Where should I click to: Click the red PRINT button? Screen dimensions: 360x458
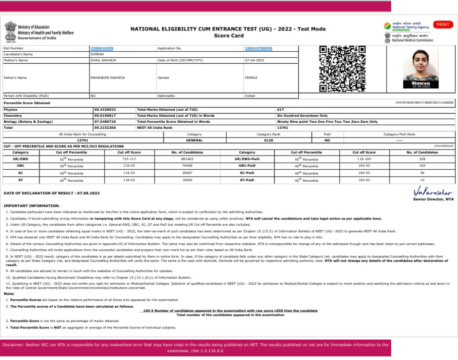click(442, 24)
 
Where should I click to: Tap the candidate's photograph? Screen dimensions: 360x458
click(423, 67)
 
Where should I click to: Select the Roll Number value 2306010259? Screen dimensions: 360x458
click(101, 47)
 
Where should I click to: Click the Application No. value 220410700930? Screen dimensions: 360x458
click(258, 47)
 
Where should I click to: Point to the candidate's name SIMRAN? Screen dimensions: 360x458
click(96, 54)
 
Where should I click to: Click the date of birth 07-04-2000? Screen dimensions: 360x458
click(254, 60)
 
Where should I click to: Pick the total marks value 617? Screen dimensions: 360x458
click(280, 110)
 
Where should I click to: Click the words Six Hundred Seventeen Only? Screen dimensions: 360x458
click(302, 116)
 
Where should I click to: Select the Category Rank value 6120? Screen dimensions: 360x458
click(268, 140)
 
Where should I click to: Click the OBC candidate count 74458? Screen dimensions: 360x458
click(187, 166)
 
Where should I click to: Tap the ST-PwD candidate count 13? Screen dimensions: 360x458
click(422, 179)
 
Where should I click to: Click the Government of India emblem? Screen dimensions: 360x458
click(11, 31)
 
